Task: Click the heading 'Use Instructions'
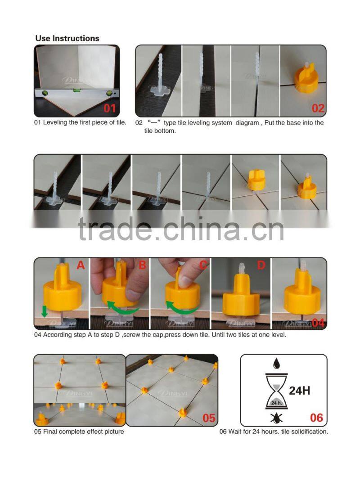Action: (67, 38)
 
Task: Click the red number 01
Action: (110, 108)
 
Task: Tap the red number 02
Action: (318, 108)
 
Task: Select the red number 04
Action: (318, 322)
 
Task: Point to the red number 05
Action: (209, 418)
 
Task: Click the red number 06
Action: (316, 418)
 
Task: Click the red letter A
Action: (81, 266)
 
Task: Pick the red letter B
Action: (142, 266)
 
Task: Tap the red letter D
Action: (261, 266)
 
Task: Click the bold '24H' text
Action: (300, 390)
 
